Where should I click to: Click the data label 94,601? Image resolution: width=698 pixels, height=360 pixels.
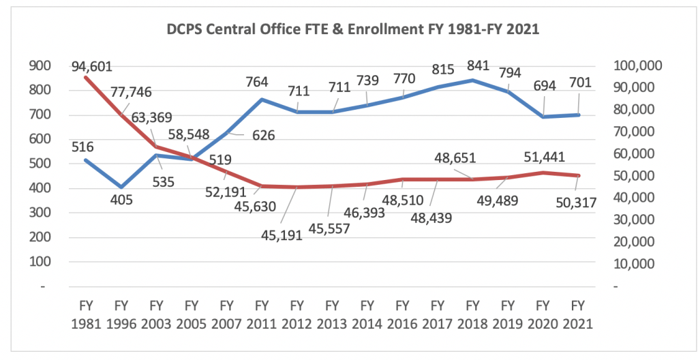click(91, 67)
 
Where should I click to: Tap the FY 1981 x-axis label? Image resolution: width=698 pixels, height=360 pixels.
click(85, 314)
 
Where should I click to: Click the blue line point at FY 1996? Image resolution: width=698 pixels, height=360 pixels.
click(121, 187)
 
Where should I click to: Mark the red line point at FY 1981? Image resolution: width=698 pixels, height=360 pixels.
click(85, 77)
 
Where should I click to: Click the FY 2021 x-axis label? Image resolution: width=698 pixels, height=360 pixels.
click(578, 314)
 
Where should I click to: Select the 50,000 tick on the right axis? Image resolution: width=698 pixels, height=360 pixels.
click(639, 175)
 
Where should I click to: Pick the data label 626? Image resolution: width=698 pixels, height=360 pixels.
click(261, 135)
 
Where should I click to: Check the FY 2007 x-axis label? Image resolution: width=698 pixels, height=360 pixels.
click(226, 314)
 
